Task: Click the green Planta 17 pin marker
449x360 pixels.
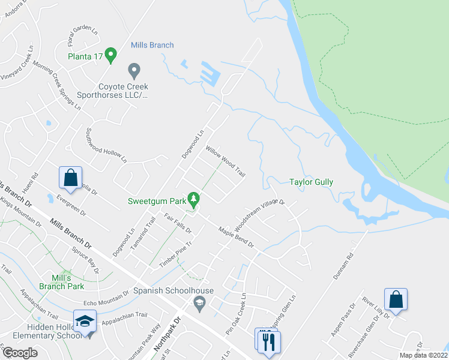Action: [110, 56]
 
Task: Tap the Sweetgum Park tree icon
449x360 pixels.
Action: [193, 197]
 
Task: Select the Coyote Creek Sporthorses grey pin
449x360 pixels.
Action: [134, 71]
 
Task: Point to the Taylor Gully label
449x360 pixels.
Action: [311, 182]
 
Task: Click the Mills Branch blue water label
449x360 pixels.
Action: [152, 45]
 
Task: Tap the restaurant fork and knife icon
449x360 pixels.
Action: [268, 341]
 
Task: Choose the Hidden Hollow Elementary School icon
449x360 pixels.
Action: [85, 322]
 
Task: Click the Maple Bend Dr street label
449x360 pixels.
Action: [237, 237]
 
